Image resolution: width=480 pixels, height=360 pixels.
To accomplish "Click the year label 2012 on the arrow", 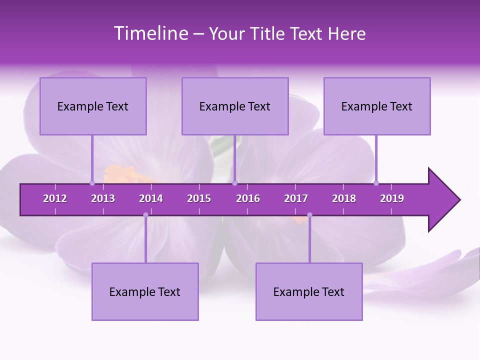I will pos(55,198).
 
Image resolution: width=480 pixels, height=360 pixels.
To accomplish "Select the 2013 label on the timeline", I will pos(103,198).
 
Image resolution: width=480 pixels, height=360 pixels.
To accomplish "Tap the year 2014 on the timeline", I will pos(151,198).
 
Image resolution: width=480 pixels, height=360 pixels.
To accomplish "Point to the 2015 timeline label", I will pos(199,198).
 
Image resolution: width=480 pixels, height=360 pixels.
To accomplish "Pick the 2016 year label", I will pos(248,198).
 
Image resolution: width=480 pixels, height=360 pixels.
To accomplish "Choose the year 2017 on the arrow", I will pos(296,198).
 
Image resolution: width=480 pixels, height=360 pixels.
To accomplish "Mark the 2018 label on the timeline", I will pos(344,198).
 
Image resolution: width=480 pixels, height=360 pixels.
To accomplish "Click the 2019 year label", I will pos(392,198).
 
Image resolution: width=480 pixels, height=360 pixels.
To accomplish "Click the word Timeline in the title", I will pos(150,33).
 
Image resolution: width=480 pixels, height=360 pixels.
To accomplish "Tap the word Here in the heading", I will pos(346,33).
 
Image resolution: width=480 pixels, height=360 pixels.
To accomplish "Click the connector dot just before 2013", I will pos(92,183).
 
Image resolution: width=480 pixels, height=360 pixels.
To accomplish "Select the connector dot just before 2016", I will pos(235,183).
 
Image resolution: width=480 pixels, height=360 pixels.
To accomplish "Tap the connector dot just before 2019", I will pos(376,183).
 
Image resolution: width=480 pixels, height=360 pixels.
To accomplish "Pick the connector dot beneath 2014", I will pos(145,215).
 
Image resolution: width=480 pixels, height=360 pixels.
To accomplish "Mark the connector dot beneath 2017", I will pos(309,215).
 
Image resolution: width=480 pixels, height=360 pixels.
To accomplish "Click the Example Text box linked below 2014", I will pos(145,292).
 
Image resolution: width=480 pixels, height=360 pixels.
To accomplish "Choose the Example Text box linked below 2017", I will pos(309,292).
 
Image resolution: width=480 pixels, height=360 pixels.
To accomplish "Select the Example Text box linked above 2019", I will pos(377,106).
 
